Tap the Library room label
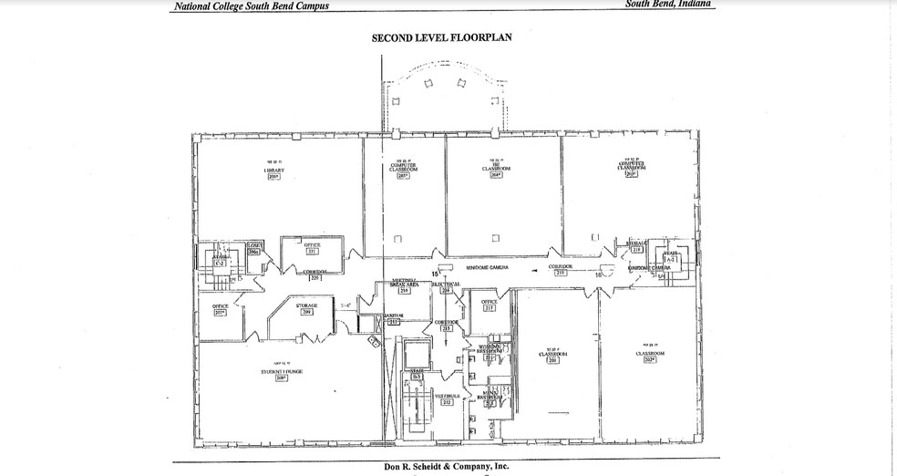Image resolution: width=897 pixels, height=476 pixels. point(273,171)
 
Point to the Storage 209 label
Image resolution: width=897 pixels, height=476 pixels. point(307,308)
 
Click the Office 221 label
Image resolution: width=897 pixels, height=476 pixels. point(312,248)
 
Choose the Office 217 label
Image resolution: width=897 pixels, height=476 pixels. point(489,305)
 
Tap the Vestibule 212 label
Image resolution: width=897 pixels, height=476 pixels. point(447,398)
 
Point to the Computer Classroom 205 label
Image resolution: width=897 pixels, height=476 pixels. point(403,169)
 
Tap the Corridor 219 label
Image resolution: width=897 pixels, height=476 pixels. point(560,269)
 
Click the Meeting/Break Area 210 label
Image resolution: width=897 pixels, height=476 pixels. point(404,285)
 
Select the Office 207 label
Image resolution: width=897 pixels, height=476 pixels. point(220,308)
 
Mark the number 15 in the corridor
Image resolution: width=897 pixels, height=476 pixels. point(436,273)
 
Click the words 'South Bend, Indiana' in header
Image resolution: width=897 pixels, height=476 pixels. point(669,5)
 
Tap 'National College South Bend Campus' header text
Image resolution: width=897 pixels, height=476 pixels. point(251,6)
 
